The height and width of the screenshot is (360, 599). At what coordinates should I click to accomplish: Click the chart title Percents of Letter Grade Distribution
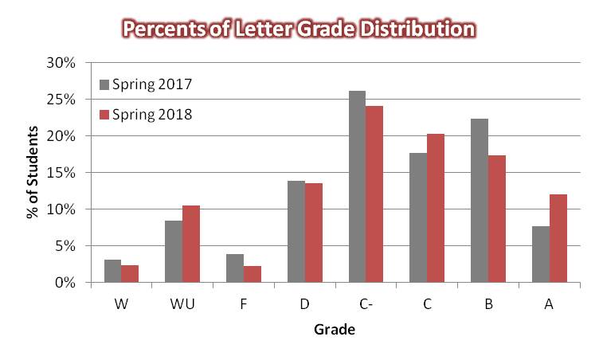coord(299,29)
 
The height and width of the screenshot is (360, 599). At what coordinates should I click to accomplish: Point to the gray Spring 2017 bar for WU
coord(174,251)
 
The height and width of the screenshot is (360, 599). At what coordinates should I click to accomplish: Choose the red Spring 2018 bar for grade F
coord(252,274)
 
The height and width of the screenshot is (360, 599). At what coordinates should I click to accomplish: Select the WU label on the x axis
coord(182,303)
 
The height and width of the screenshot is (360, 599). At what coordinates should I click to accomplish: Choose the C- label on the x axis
coord(366,303)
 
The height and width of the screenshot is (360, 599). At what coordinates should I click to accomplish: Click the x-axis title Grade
coord(335,328)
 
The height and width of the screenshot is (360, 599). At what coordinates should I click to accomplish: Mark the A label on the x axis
coord(549,303)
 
